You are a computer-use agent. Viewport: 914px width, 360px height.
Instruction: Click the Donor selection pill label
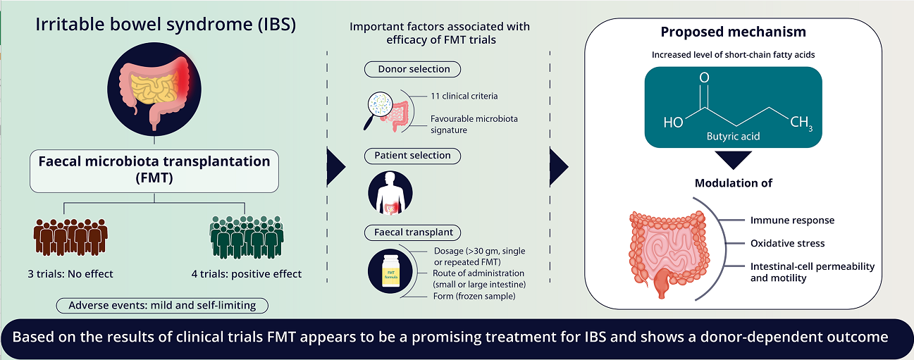tap(412, 69)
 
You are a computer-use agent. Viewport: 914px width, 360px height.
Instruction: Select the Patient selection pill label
tap(412, 156)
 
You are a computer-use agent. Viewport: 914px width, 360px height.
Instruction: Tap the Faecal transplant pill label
tap(412, 232)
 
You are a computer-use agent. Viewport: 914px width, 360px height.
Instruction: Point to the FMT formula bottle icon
tap(390, 271)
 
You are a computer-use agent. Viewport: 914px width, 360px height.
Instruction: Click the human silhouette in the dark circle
tap(390, 193)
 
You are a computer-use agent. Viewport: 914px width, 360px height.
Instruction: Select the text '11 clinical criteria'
tap(464, 97)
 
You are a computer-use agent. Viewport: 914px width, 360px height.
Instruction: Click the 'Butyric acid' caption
tap(733, 136)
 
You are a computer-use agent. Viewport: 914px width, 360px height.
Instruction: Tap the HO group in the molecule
tap(673, 123)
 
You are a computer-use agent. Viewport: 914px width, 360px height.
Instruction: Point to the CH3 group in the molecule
tap(801, 123)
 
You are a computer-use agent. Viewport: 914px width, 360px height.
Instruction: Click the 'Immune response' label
tap(792, 221)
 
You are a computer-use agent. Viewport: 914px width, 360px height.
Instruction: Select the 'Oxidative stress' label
tap(788, 243)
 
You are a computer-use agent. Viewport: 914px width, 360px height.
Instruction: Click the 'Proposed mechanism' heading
tap(733, 32)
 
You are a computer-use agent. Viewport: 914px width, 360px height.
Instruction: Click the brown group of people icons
tap(70, 237)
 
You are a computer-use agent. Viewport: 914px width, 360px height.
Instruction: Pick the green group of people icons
tap(247, 237)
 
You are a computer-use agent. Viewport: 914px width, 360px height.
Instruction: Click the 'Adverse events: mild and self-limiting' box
tap(162, 305)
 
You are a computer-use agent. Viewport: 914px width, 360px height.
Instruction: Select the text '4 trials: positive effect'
tap(247, 274)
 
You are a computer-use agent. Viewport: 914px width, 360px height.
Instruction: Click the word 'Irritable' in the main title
tap(70, 24)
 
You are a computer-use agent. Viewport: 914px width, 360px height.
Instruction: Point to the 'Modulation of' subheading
tap(733, 183)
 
